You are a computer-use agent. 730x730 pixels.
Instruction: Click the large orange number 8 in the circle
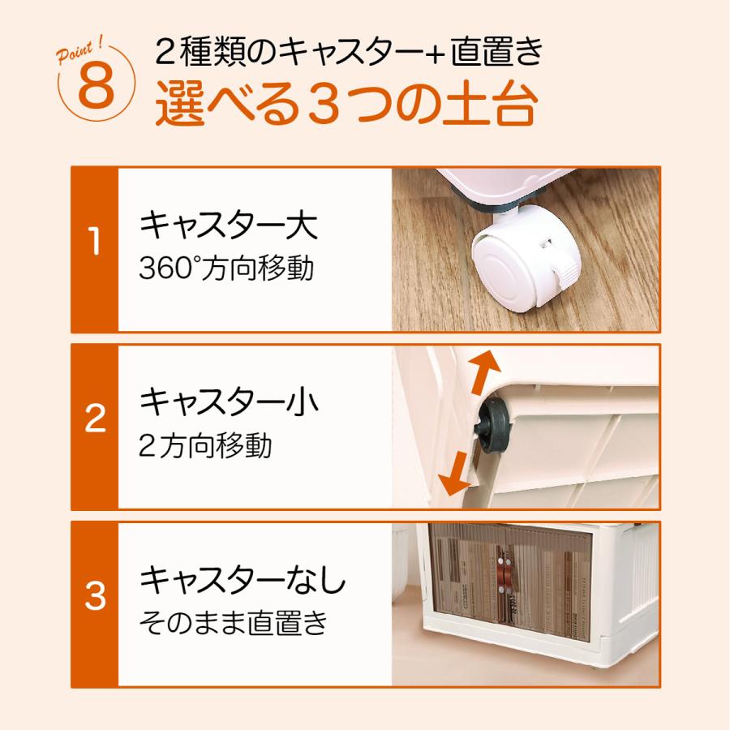coord(97,86)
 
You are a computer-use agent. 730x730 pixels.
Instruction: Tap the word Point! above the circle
coord(79,52)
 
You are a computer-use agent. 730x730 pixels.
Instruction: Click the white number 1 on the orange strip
coord(95,241)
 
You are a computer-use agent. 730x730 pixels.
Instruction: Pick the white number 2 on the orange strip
coord(95,418)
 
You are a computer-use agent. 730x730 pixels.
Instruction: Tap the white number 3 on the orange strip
coord(95,595)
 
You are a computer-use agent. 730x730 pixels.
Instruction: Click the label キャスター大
coord(229,225)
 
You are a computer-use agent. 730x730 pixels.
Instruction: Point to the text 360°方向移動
coord(226,268)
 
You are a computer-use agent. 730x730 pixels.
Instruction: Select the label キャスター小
coord(229,401)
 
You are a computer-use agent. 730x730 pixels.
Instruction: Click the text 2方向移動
coord(205,445)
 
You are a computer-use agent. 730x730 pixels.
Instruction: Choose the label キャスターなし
coord(243,580)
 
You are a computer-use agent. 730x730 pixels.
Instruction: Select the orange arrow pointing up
coord(483,371)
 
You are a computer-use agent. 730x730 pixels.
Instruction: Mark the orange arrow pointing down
coord(454,473)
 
